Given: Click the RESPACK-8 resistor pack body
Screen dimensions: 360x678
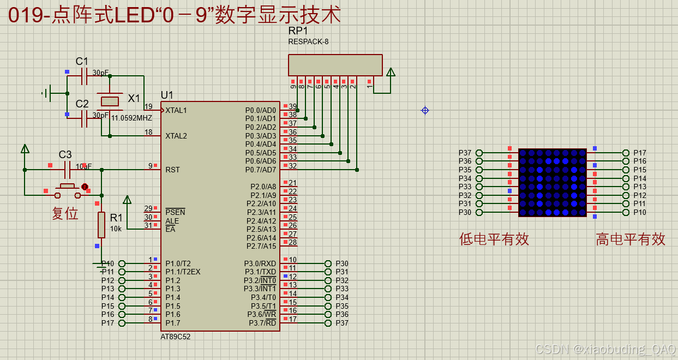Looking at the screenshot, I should click(x=335, y=65).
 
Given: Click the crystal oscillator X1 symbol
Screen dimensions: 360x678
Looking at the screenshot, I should click(x=110, y=101).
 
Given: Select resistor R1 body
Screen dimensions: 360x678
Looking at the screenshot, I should click(x=101, y=225).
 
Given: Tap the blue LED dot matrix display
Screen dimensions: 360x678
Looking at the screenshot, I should click(x=552, y=182).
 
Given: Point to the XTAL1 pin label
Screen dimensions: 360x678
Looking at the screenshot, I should click(x=176, y=110).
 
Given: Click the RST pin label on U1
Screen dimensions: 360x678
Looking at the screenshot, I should click(x=172, y=170).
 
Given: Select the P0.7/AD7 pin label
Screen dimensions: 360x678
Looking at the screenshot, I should click(x=261, y=170).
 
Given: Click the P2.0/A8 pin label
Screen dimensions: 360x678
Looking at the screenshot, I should click(x=263, y=187).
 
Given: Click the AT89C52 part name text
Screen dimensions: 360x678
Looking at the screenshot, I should click(x=176, y=337).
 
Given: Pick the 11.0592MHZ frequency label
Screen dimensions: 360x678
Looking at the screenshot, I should click(x=131, y=118).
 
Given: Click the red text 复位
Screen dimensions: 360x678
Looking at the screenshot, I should click(x=65, y=213).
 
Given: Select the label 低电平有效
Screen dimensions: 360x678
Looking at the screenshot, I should click(x=494, y=239).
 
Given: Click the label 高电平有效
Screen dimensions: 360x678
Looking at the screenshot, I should click(x=631, y=239).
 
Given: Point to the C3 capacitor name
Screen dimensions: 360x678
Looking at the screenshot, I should click(x=65, y=154).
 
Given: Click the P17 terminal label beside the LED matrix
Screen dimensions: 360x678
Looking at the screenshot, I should click(x=639, y=153).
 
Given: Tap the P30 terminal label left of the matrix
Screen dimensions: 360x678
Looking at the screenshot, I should click(x=465, y=212).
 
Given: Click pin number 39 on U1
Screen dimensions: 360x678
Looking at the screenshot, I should click(x=293, y=107).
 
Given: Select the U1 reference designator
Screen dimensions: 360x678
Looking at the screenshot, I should click(x=167, y=95).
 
